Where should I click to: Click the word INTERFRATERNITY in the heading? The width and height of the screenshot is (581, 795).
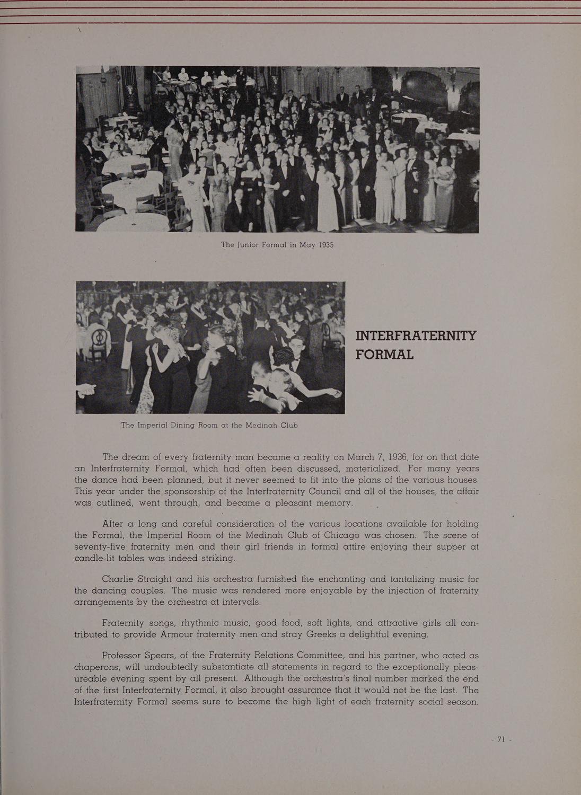point(416,336)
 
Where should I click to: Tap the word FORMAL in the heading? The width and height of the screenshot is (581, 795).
point(384,354)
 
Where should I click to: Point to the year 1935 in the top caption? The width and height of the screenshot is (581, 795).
point(323,245)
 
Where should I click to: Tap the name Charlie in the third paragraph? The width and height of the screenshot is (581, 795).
point(120,579)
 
